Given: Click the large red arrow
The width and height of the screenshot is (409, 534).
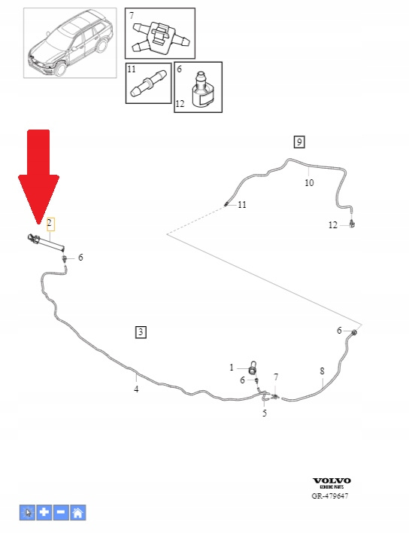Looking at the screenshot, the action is pos(38,176).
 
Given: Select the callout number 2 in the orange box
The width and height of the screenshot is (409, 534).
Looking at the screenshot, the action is pos(50,224).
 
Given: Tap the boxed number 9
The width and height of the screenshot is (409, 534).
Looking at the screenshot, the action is pos(299,142).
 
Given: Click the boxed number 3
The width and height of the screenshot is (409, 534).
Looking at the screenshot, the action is pos(141,331).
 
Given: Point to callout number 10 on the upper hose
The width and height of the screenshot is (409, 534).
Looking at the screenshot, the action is pos(309,183).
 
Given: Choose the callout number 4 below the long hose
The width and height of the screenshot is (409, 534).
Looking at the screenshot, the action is pos(136,389).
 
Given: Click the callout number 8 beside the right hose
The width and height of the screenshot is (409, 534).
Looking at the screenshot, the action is pos(322,371).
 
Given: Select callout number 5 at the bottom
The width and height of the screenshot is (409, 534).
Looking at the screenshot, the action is pos(265,413).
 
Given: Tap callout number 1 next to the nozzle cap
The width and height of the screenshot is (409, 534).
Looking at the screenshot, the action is pos(232,368).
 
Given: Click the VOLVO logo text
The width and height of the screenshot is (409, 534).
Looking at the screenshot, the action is pos(332,481).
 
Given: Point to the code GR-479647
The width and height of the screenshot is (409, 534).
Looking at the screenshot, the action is pos(330,496).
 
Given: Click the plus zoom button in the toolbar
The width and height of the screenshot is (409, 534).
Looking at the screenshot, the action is pos(44,512).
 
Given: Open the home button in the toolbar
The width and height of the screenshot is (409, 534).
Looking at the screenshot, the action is pos(78,512).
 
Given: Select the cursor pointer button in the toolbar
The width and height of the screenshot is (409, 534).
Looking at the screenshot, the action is pos(27,512).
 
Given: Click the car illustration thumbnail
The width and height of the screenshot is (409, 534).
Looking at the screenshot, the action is pos(70,43).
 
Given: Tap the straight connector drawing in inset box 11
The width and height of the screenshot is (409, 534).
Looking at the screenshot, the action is pos(148,84).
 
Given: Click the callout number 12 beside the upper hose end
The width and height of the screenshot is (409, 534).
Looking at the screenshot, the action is pos(333,225).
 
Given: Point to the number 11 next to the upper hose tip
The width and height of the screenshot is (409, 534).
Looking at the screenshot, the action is pos(242,205).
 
